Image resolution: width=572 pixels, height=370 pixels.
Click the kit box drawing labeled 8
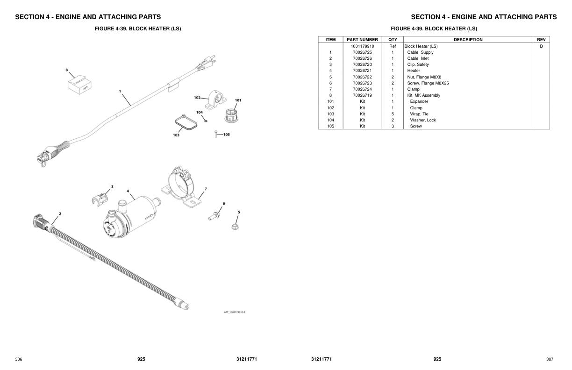(x=79, y=85)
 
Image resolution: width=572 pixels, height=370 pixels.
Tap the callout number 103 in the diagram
(x=176, y=135)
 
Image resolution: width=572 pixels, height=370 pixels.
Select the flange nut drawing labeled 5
(x=236, y=227)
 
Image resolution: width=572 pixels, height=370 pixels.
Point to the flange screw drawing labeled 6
(x=214, y=216)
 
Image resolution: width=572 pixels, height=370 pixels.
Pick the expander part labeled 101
(x=232, y=115)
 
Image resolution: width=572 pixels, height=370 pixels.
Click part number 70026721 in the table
(x=362, y=71)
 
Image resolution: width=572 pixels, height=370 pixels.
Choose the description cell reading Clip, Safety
(x=418, y=64)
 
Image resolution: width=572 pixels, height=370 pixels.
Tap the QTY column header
(x=393, y=40)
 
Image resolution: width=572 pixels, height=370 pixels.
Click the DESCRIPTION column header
(x=468, y=40)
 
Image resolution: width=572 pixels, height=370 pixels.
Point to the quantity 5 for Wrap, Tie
(x=393, y=114)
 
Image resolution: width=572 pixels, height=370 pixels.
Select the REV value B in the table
(x=541, y=46)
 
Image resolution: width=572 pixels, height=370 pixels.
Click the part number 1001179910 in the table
(x=362, y=46)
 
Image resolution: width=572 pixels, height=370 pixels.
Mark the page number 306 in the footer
(x=19, y=359)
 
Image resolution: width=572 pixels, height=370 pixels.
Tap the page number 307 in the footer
(x=550, y=359)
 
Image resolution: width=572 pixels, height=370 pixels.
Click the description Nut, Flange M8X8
(x=424, y=77)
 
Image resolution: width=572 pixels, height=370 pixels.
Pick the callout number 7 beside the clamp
(x=206, y=189)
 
